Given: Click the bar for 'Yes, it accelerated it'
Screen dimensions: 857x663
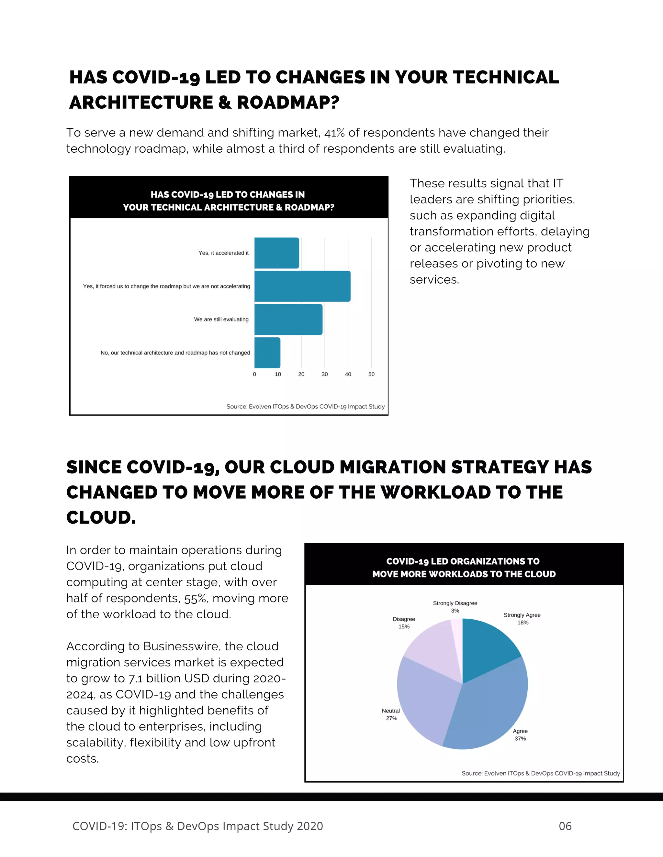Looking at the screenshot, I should point(276,253).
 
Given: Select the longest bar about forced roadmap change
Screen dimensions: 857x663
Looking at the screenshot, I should point(302,286).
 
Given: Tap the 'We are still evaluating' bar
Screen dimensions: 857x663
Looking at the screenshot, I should point(288,320).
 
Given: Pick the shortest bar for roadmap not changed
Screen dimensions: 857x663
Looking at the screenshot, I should point(267,353).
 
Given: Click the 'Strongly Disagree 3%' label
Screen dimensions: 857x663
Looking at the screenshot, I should point(455,607).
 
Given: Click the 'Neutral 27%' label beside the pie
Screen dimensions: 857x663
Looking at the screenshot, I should point(391,714).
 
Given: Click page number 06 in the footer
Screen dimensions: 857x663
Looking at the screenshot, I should point(565,826).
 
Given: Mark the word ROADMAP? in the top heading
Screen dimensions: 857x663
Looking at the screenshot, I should point(288,103).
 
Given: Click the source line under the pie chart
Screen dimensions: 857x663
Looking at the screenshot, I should point(540,773).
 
